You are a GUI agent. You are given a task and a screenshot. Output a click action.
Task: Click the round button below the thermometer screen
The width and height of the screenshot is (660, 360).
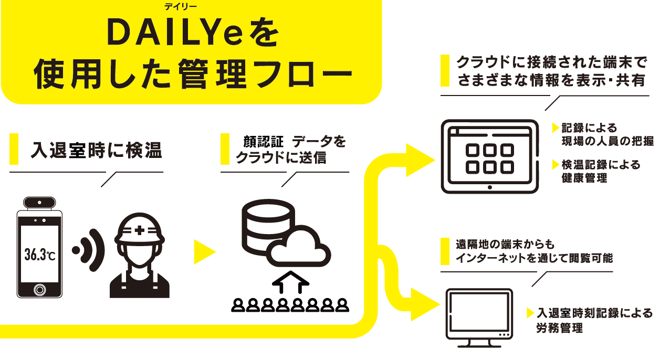(x=40, y=289)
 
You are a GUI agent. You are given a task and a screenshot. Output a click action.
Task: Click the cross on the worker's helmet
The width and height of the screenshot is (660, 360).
(x=139, y=229)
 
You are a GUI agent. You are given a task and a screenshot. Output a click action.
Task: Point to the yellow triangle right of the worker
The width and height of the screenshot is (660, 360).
(x=204, y=252)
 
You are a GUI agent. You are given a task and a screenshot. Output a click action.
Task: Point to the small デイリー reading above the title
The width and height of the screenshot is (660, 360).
(x=179, y=6)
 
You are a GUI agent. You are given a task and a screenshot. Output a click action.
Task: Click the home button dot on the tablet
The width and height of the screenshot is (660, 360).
(x=489, y=187)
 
